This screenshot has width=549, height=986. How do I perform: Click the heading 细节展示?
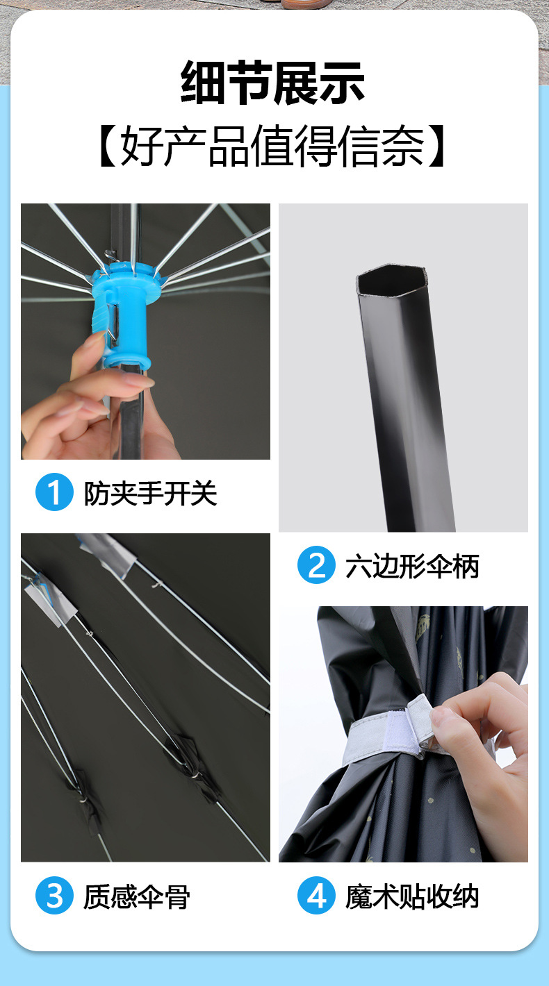(272, 83)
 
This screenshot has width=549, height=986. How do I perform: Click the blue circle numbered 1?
(54, 492)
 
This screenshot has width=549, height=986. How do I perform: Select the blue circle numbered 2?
(316, 565)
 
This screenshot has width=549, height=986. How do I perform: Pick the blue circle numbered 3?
(54, 895)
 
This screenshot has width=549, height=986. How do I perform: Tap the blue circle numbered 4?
(316, 895)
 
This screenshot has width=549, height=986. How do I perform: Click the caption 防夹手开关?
(150, 493)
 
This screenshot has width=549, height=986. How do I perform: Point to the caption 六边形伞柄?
(412, 566)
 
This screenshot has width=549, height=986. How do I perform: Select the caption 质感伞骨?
(137, 896)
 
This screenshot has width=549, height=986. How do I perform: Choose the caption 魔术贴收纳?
(412, 896)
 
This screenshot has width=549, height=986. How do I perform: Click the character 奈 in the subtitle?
(403, 146)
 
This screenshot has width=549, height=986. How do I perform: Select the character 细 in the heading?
(203, 83)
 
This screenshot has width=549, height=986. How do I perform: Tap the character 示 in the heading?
(343, 83)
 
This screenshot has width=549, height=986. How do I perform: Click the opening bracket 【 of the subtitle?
(107, 146)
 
